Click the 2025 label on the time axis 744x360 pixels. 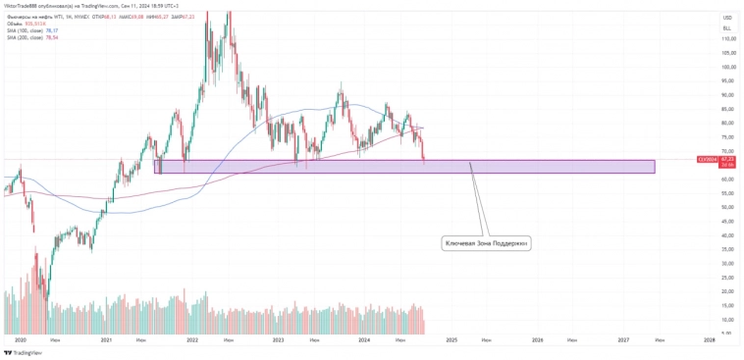coord(452,339)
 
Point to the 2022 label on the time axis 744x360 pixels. coord(192,339)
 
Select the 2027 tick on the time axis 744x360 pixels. coord(624,339)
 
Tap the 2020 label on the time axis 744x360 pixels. coord(21,339)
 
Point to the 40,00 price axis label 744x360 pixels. coord(729,235)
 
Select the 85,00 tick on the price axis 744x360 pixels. coord(729,109)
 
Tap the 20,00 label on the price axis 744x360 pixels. coord(729,291)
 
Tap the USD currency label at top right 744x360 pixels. coord(727,18)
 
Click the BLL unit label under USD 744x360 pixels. coord(727,29)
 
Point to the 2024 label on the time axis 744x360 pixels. coord(365,339)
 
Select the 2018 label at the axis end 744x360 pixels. coord(710,339)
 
